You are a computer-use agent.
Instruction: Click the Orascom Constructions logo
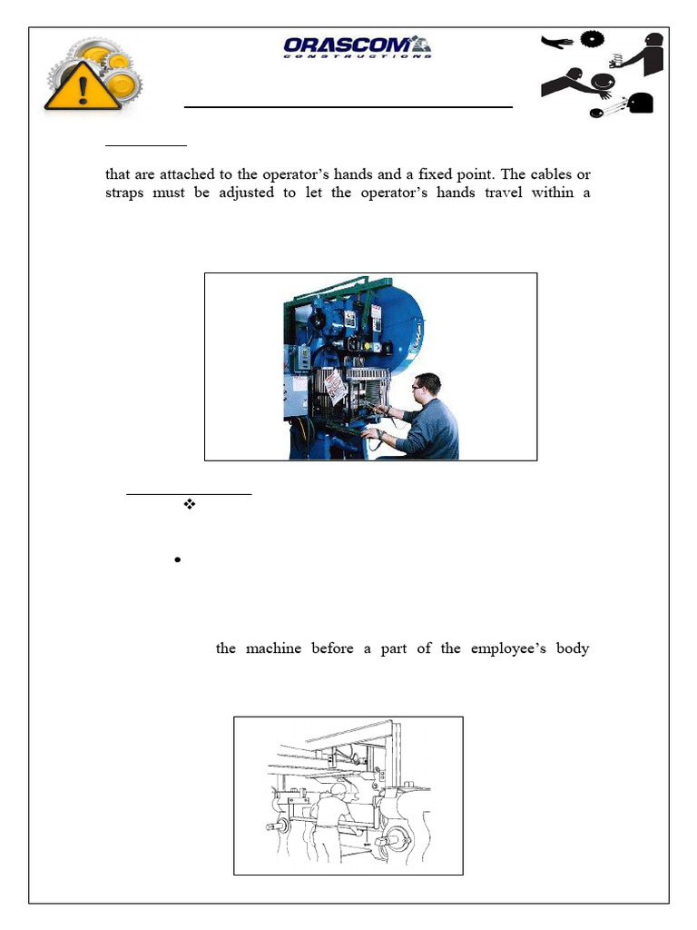coord(356,46)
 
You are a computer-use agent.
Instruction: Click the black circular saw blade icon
coord(592,39)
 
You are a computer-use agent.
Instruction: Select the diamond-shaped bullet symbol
coord(190,504)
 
